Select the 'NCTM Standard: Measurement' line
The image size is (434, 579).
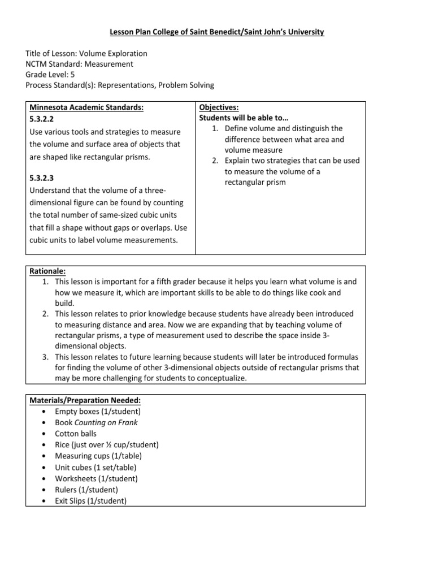pos(80,64)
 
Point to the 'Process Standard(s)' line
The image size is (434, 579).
pos(120,85)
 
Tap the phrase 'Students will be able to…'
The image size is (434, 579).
pos(244,118)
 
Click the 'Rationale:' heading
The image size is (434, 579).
pos(47,271)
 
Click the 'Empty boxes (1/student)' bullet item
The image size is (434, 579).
pos(98,411)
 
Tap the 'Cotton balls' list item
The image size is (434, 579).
pos(76,434)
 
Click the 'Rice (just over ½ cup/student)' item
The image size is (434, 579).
pos(107,445)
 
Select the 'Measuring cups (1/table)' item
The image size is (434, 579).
pos(98,456)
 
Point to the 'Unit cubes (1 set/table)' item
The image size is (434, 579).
pos(96,467)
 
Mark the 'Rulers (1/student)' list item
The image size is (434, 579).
pos(87,490)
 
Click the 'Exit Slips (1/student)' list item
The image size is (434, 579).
pos(91,501)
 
